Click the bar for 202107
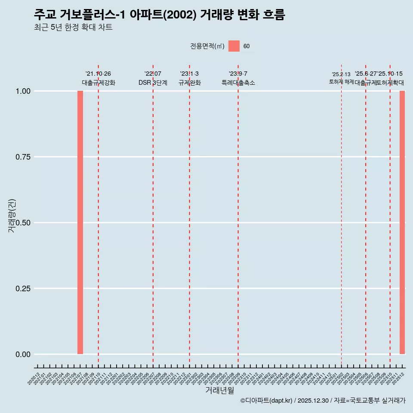pyautogui.click(x=80, y=222)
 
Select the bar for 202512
pyautogui.click(x=402, y=222)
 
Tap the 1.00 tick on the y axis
pyautogui.click(x=23, y=91)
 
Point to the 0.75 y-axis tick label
pyautogui.click(x=23, y=157)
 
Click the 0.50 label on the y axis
pyautogui.click(x=23, y=223)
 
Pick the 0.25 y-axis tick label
pyautogui.click(x=23, y=289)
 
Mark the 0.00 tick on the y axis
pyautogui.click(x=23, y=354)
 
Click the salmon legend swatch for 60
pyautogui.click(x=234, y=46)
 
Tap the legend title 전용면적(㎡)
pyautogui.click(x=207, y=46)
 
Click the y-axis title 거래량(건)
pyautogui.click(x=12, y=215)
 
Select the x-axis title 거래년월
pyautogui.click(x=219, y=391)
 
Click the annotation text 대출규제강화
pyautogui.click(x=99, y=83)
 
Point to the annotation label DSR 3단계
pyautogui.click(x=153, y=83)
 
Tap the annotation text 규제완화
pyautogui.click(x=190, y=83)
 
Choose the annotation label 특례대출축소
pyautogui.click(x=238, y=83)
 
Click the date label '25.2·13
pyautogui.click(x=341, y=74)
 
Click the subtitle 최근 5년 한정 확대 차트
pyautogui.click(x=73, y=28)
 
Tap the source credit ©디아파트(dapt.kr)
pyautogui.click(x=267, y=401)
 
